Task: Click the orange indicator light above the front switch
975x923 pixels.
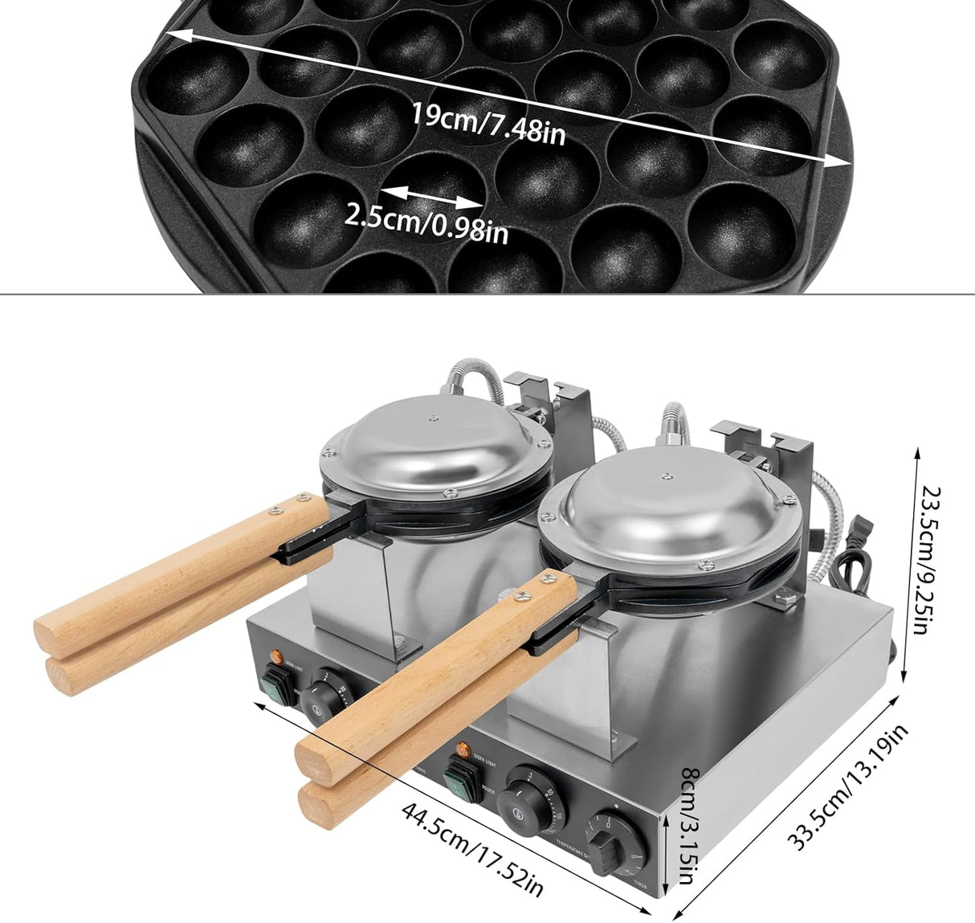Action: click(463, 750)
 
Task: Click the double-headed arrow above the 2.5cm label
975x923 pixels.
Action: click(432, 196)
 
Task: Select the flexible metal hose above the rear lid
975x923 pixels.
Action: click(469, 377)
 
